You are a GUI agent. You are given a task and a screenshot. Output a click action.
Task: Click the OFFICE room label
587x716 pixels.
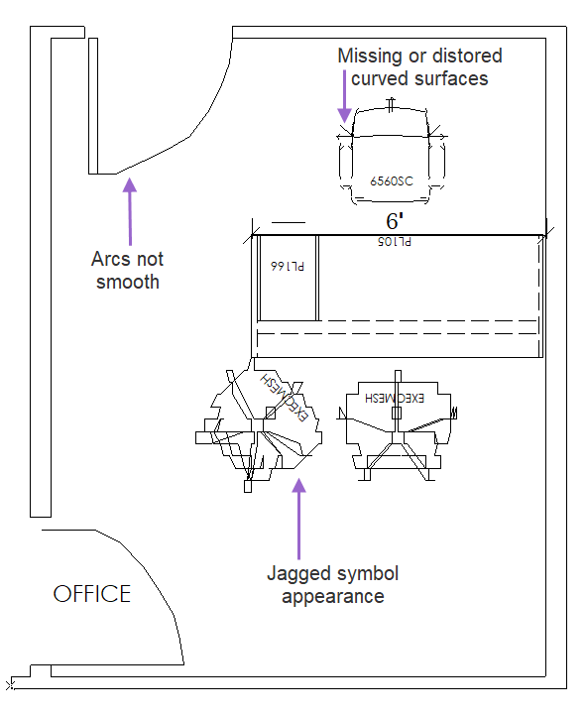(x=92, y=594)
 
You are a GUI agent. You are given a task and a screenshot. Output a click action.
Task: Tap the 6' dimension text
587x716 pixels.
(x=395, y=221)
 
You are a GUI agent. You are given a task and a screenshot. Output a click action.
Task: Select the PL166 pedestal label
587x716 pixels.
(x=288, y=266)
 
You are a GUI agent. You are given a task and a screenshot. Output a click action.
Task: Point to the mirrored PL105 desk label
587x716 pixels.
(x=395, y=242)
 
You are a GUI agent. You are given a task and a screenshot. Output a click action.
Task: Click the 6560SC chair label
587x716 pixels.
(x=392, y=181)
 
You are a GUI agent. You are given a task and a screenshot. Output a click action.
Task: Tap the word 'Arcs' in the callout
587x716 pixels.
(x=111, y=259)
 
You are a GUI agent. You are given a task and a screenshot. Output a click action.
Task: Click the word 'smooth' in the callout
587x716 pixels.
(x=128, y=282)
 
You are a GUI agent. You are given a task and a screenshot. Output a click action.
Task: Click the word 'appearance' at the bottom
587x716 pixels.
(x=333, y=597)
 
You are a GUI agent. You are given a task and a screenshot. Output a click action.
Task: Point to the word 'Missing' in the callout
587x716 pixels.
(x=371, y=57)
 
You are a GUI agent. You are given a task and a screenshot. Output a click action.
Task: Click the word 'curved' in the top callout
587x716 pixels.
(x=380, y=78)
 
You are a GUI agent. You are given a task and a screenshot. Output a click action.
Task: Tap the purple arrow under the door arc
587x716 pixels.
(x=130, y=211)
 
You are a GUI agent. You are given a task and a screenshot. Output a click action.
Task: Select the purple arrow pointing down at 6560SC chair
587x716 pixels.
(x=345, y=96)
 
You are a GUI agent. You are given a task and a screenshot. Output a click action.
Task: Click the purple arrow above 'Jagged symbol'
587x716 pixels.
(x=299, y=519)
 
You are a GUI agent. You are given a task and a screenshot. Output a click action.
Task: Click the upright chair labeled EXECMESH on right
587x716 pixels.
(x=397, y=425)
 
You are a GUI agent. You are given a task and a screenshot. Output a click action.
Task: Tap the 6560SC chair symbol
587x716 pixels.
(x=392, y=151)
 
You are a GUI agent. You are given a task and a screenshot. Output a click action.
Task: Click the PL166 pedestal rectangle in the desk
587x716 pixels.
(x=288, y=278)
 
